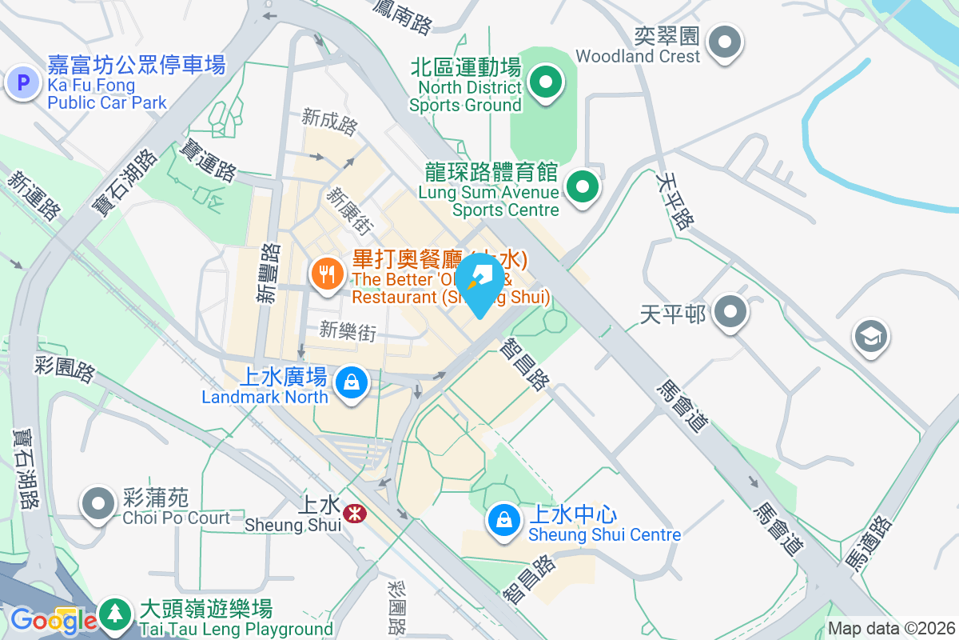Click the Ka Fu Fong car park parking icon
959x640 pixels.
tap(22, 82)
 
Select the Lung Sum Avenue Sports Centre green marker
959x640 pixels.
tap(583, 187)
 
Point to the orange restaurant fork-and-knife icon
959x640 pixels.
tap(326, 275)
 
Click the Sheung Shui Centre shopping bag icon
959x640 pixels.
tap(505, 520)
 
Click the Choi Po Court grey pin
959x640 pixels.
tap(99, 504)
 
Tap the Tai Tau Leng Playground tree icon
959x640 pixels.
tap(117, 614)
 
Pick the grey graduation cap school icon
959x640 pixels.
tap(871, 336)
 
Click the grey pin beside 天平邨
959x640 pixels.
tap(730, 311)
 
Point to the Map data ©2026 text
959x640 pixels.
tap(891, 628)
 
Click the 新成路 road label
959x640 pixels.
tap(328, 123)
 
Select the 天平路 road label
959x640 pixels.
tap(671, 202)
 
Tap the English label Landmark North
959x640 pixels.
tap(265, 397)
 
